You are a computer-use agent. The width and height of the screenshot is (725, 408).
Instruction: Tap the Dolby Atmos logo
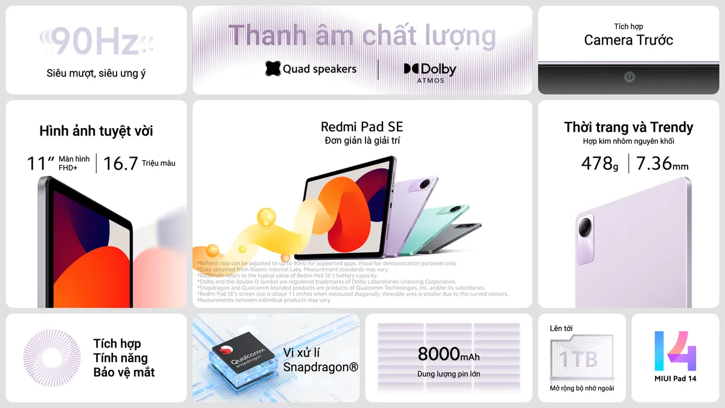(430, 71)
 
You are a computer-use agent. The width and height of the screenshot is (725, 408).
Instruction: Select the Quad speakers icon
(273, 69)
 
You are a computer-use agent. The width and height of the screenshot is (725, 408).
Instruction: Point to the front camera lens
(630, 77)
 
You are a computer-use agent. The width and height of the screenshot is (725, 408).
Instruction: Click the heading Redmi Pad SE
(361, 127)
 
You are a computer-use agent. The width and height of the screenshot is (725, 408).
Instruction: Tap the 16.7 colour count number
(121, 163)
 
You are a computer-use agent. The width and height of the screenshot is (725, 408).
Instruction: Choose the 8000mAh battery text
(448, 354)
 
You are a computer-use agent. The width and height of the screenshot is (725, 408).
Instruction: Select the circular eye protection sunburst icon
(51, 358)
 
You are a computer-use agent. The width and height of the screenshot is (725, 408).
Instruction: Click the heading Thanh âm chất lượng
(361, 36)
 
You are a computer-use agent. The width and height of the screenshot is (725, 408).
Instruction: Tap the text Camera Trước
(628, 40)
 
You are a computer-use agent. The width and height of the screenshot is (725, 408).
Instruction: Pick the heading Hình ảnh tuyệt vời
(96, 131)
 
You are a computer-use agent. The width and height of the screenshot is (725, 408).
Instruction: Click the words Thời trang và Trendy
(628, 127)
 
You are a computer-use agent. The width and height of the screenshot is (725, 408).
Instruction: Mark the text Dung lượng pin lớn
(448, 374)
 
